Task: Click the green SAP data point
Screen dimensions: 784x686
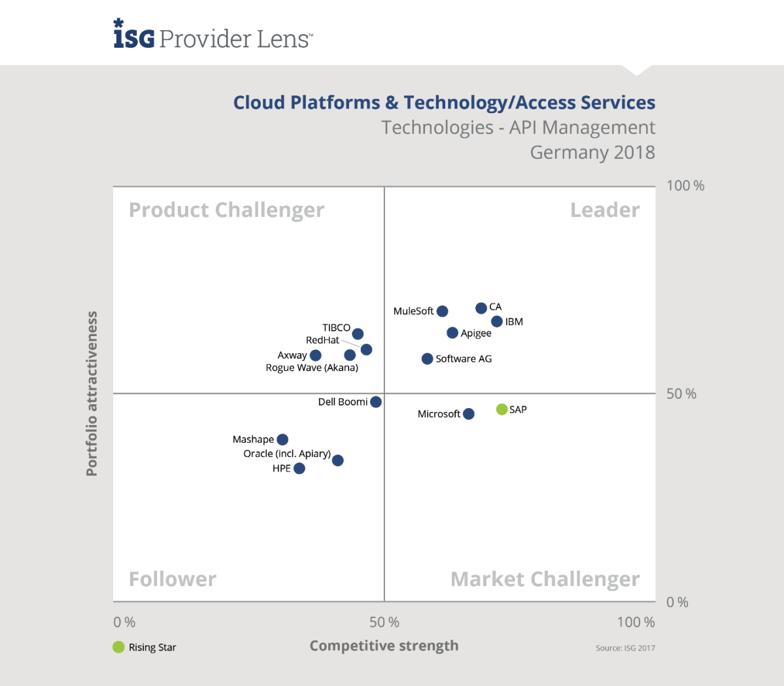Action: point(502,409)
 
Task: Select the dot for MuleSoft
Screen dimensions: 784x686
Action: point(442,311)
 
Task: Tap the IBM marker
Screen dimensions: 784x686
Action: point(497,322)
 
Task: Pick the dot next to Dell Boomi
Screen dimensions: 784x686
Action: point(376,402)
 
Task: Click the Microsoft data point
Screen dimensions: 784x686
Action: point(468,414)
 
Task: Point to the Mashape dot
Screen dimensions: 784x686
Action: point(282,440)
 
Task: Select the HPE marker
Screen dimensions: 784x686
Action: point(299,468)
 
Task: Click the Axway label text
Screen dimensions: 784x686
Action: point(292,355)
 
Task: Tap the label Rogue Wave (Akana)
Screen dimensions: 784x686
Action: point(312,368)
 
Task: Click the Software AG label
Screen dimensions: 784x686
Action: point(464,359)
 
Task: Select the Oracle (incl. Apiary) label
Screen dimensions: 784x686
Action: point(287,454)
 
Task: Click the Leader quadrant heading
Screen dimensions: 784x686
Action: point(605,210)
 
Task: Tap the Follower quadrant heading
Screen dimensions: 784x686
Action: point(173,579)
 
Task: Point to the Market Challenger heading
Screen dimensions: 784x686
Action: point(545,579)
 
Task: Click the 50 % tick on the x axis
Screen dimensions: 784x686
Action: point(384,622)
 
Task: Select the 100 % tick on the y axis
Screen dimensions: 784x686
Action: point(685,186)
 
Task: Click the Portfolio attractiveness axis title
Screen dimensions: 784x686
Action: point(92,394)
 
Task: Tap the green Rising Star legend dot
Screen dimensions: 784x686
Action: point(118,647)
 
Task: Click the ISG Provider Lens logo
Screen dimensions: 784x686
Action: point(213,35)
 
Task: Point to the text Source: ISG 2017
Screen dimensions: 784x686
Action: point(624,648)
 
